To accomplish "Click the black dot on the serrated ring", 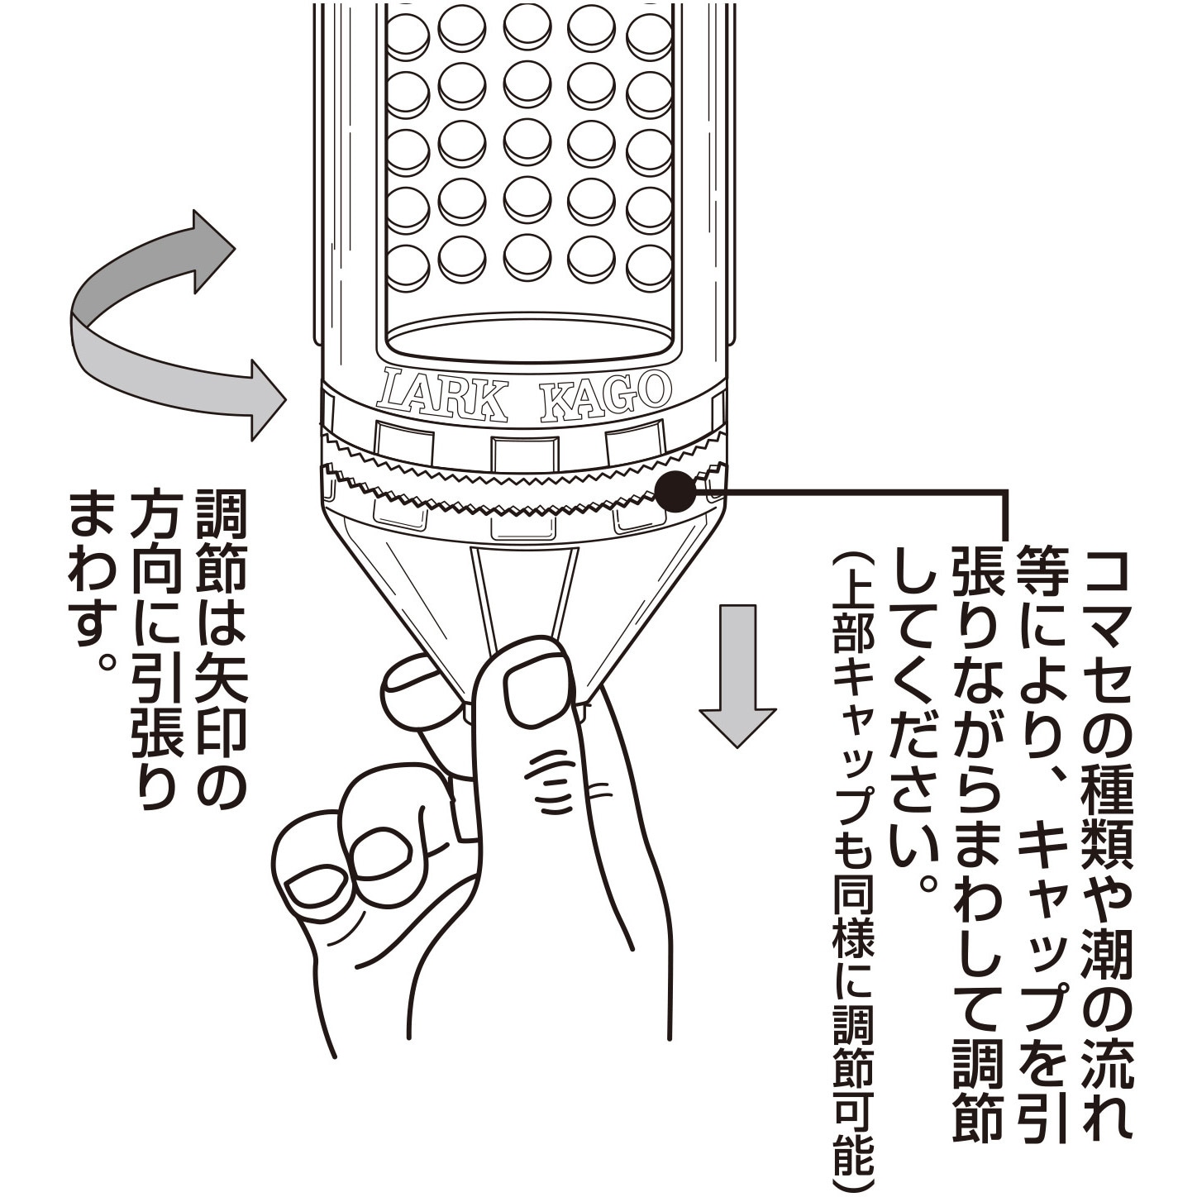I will (x=675, y=491).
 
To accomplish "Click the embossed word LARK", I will (x=442, y=394).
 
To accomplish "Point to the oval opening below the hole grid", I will (x=529, y=338).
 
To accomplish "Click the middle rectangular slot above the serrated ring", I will (x=524, y=453).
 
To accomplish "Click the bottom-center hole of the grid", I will (x=527, y=255).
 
